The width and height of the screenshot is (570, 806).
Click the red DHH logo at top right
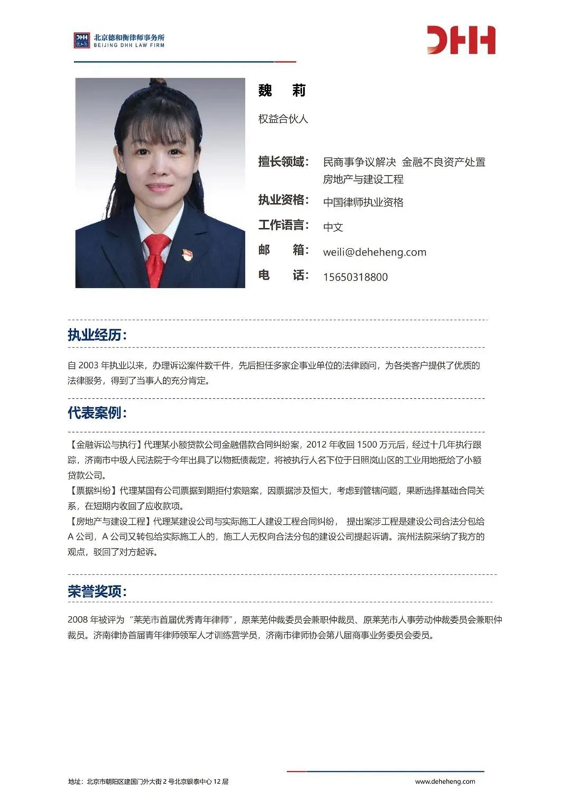(x=461, y=40)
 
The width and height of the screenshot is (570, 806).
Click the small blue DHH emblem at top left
(x=81, y=40)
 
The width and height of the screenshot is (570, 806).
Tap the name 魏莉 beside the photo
(x=281, y=91)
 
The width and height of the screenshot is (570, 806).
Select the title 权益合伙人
(x=283, y=119)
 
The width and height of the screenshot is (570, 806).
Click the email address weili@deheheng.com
(x=374, y=251)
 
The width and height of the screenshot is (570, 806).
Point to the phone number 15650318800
(x=356, y=276)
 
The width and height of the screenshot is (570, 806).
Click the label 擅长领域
(x=283, y=162)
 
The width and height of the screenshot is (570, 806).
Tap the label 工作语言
(x=283, y=226)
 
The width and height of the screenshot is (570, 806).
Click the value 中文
(x=333, y=227)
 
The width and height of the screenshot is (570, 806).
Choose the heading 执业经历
(x=98, y=335)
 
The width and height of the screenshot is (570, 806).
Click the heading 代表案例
(x=98, y=414)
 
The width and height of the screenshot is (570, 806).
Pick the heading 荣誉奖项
(x=98, y=592)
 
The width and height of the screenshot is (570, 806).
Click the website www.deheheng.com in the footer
(x=445, y=781)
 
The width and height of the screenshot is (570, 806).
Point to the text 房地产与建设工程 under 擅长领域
(x=363, y=179)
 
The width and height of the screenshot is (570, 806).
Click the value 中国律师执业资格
(x=363, y=202)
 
